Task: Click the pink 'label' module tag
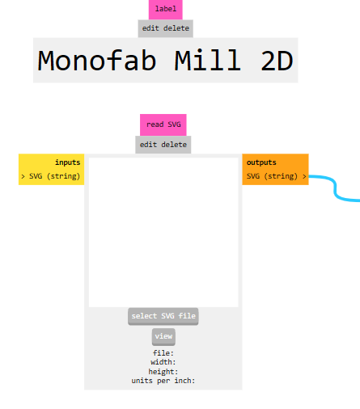click(166, 10)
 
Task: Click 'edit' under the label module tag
click(150, 28)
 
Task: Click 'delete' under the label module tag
click(176, 28)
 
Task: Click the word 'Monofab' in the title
click(97, 61)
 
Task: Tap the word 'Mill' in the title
click(207, 61)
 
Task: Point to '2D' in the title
click(277, 61)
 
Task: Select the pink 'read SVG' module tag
click(163, 124)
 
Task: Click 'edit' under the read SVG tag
click(148, 145)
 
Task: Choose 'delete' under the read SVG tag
click(174, 145)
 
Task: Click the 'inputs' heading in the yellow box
click(68, 162)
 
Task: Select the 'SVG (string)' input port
click(51, 176)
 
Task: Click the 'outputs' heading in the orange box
click(261, 162)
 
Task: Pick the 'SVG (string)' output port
click(277, 176)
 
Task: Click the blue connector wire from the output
click(336, 188)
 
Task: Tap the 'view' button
click(163, 336)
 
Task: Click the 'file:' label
click(163, 353)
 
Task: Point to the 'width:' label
click(163, 362)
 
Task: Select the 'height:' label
click(163, 372)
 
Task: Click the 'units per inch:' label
click(163, 381)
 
